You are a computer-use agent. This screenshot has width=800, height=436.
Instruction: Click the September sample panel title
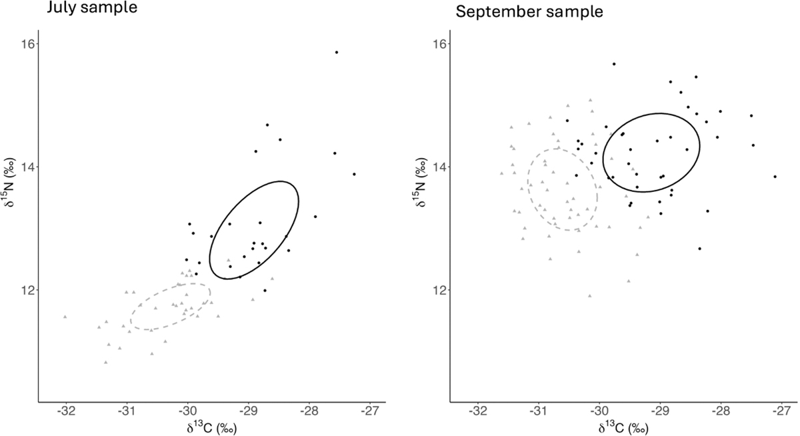click(511, 11)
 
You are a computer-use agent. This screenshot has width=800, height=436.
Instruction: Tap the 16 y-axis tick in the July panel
click(28, 44)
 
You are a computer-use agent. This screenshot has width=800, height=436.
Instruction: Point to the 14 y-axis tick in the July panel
click(28, 167)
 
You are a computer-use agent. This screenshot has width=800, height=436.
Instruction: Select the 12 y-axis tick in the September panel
click(440, 290)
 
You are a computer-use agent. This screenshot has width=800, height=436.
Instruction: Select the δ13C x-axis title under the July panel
click(211, 427)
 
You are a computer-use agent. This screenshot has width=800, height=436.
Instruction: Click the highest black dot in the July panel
click(337, 52)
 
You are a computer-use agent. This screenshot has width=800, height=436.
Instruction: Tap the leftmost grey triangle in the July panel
click(65, 317)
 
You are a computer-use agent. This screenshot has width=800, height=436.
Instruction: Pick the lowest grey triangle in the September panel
click(589, 295)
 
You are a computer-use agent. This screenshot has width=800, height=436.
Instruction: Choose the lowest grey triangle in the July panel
click(105, 362)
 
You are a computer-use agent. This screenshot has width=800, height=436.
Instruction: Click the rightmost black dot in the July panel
click(354, 174)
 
